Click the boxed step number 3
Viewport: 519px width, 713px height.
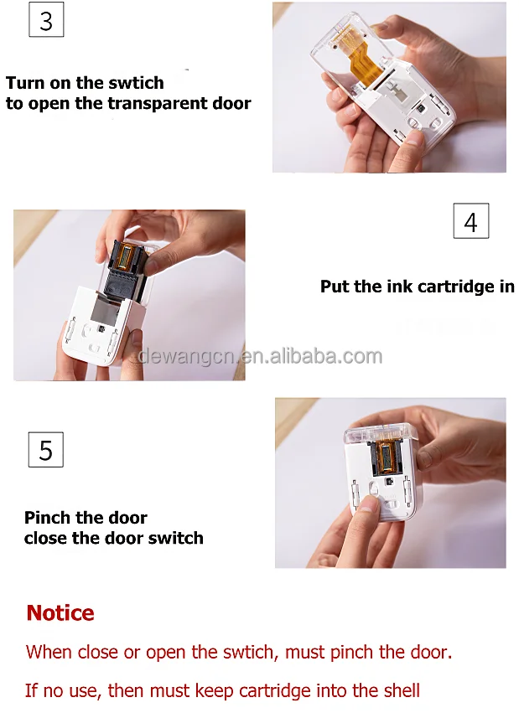click(46, 20)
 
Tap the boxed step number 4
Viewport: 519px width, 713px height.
click(470, 221)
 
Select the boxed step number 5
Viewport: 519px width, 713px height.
click(46, 450)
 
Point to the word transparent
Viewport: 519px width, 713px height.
click(151, 104)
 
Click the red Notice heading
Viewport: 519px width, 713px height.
click(60, 612)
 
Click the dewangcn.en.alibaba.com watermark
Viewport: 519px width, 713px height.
click(260, 356)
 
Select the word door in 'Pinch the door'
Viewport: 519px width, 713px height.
click(127, 518)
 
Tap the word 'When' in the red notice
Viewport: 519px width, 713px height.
click(49, 652)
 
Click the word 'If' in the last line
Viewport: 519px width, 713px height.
click(31, 691)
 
